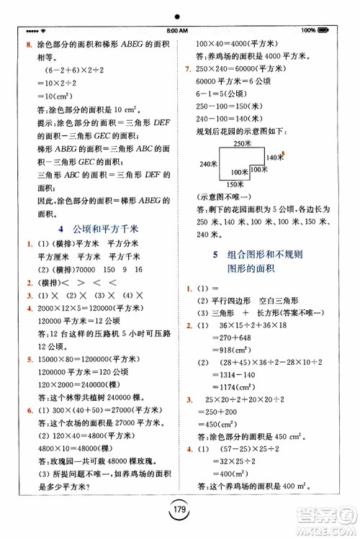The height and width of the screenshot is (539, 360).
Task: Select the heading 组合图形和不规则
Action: click(266, 255)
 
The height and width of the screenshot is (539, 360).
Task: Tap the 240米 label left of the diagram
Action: click(209, 164)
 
